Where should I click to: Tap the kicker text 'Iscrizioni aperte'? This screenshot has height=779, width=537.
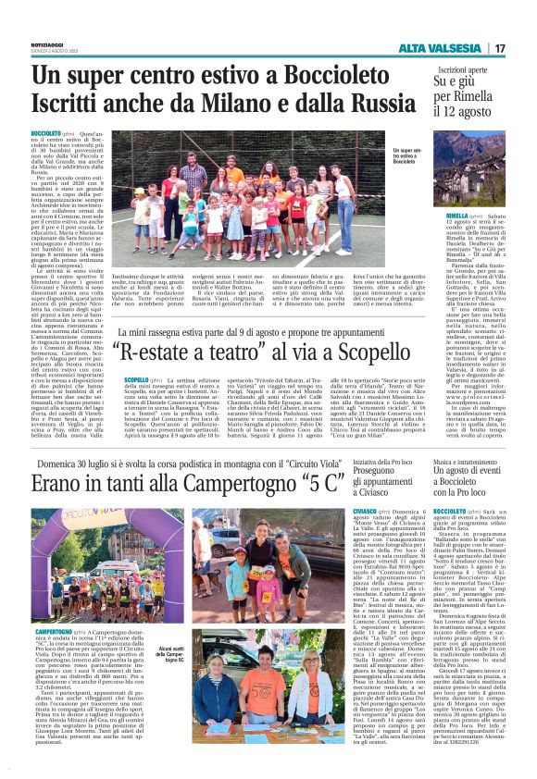(x=437, y=70)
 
